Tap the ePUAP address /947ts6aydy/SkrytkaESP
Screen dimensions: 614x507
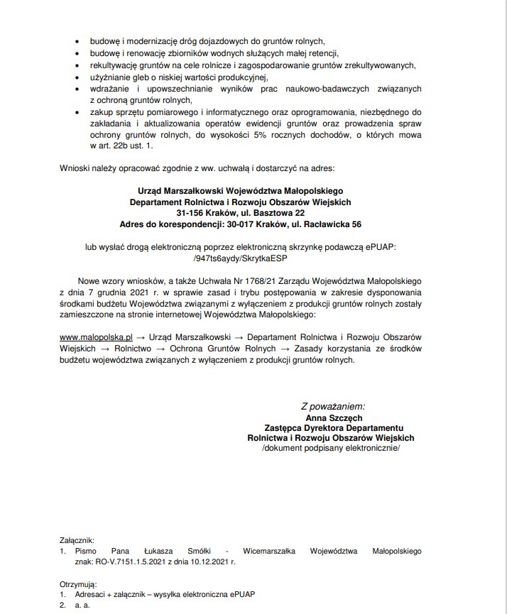[x=241, y=258]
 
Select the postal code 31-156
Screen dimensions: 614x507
[x=192, y=213]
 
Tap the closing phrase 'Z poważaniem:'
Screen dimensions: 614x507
[x=332, y=407]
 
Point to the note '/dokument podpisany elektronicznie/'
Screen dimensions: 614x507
[x=331, y=449]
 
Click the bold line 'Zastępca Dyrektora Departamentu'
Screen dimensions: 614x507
[x=331, y=428]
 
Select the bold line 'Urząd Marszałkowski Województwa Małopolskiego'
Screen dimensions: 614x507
[x=241, y=191]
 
